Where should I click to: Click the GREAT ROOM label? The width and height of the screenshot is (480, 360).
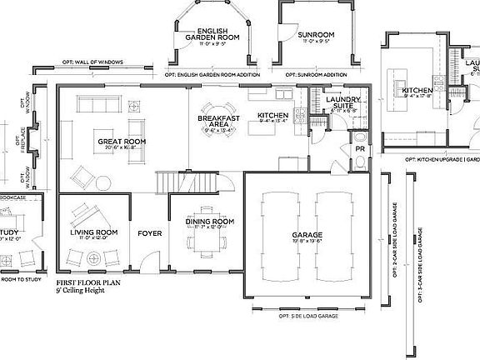point(122,142)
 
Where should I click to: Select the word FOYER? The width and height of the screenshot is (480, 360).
point(149,233)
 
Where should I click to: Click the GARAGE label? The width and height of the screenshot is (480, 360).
point(307,235)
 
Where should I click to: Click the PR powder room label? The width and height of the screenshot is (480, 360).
point(359,150)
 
